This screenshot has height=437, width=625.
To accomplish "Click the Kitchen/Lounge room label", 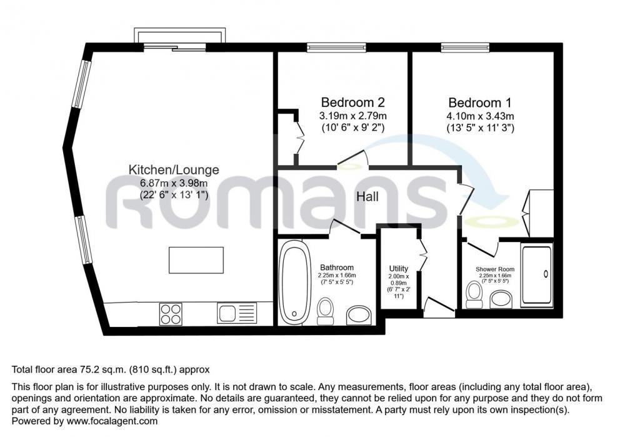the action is (174, 170).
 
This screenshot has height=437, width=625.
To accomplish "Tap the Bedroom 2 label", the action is (352, 103).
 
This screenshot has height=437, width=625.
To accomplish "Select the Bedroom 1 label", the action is (480, 103).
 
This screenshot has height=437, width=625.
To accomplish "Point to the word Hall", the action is (367, 196).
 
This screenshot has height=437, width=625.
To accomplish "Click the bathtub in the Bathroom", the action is (294, 283).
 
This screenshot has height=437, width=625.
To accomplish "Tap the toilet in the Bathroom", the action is (325, 311).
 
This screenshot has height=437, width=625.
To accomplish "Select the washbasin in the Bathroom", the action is (359, 315).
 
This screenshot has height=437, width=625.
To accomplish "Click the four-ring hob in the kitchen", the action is (171, 314).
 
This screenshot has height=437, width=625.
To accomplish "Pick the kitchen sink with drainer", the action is (237, 313).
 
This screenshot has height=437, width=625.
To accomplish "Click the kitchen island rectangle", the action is (196, 260).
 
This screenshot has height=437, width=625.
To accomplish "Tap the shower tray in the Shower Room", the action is (537, 275).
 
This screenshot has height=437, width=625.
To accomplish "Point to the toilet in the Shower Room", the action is (474, 295).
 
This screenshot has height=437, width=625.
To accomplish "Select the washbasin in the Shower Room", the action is (501, 299).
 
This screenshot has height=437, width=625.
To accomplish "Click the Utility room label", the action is (399, 269).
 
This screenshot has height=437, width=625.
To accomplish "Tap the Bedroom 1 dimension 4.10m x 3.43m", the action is (480, 116).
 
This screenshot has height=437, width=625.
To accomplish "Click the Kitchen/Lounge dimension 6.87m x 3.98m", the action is (174, 183).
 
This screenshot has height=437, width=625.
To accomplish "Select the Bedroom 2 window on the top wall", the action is (336, 48).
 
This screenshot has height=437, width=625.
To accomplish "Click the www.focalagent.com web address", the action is (112, 421).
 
